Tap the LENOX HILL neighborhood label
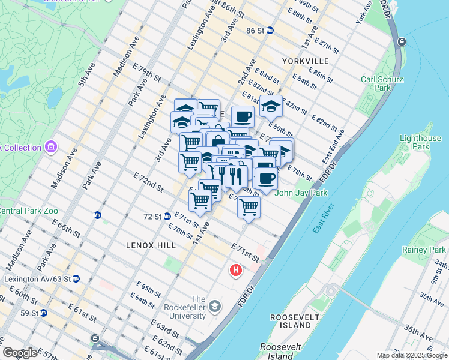(151, 245)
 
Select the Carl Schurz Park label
(376, 83)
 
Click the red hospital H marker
(236, 271)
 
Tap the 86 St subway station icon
(270, 30)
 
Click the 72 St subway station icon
(167, 216)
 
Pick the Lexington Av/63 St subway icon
(76, 279)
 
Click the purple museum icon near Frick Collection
(50, 147)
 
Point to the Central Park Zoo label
(28, 211)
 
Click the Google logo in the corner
(20, 353)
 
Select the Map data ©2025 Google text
(412, 355)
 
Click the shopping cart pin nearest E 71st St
(248, 207)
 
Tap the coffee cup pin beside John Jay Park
(266, 178)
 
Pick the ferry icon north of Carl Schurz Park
(400, 41)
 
